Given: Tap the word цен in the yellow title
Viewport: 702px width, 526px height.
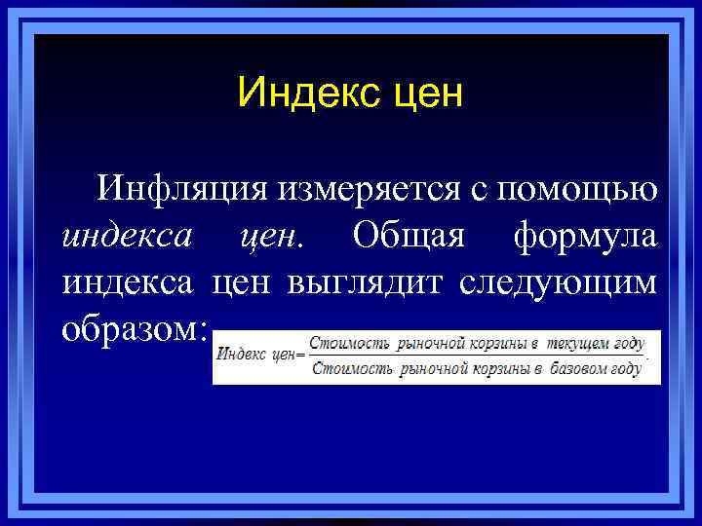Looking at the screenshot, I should point(422,95).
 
